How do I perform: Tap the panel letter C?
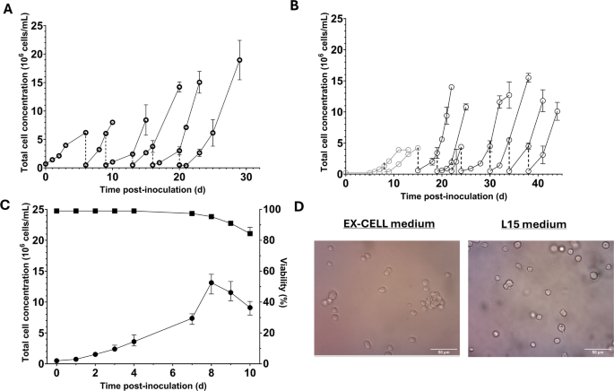click(7, 205)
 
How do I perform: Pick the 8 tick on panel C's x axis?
click(211, 370)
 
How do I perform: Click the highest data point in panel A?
click(239, 60)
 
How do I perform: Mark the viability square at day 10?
click(250, 233)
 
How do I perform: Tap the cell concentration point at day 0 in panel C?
click(56, 361)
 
